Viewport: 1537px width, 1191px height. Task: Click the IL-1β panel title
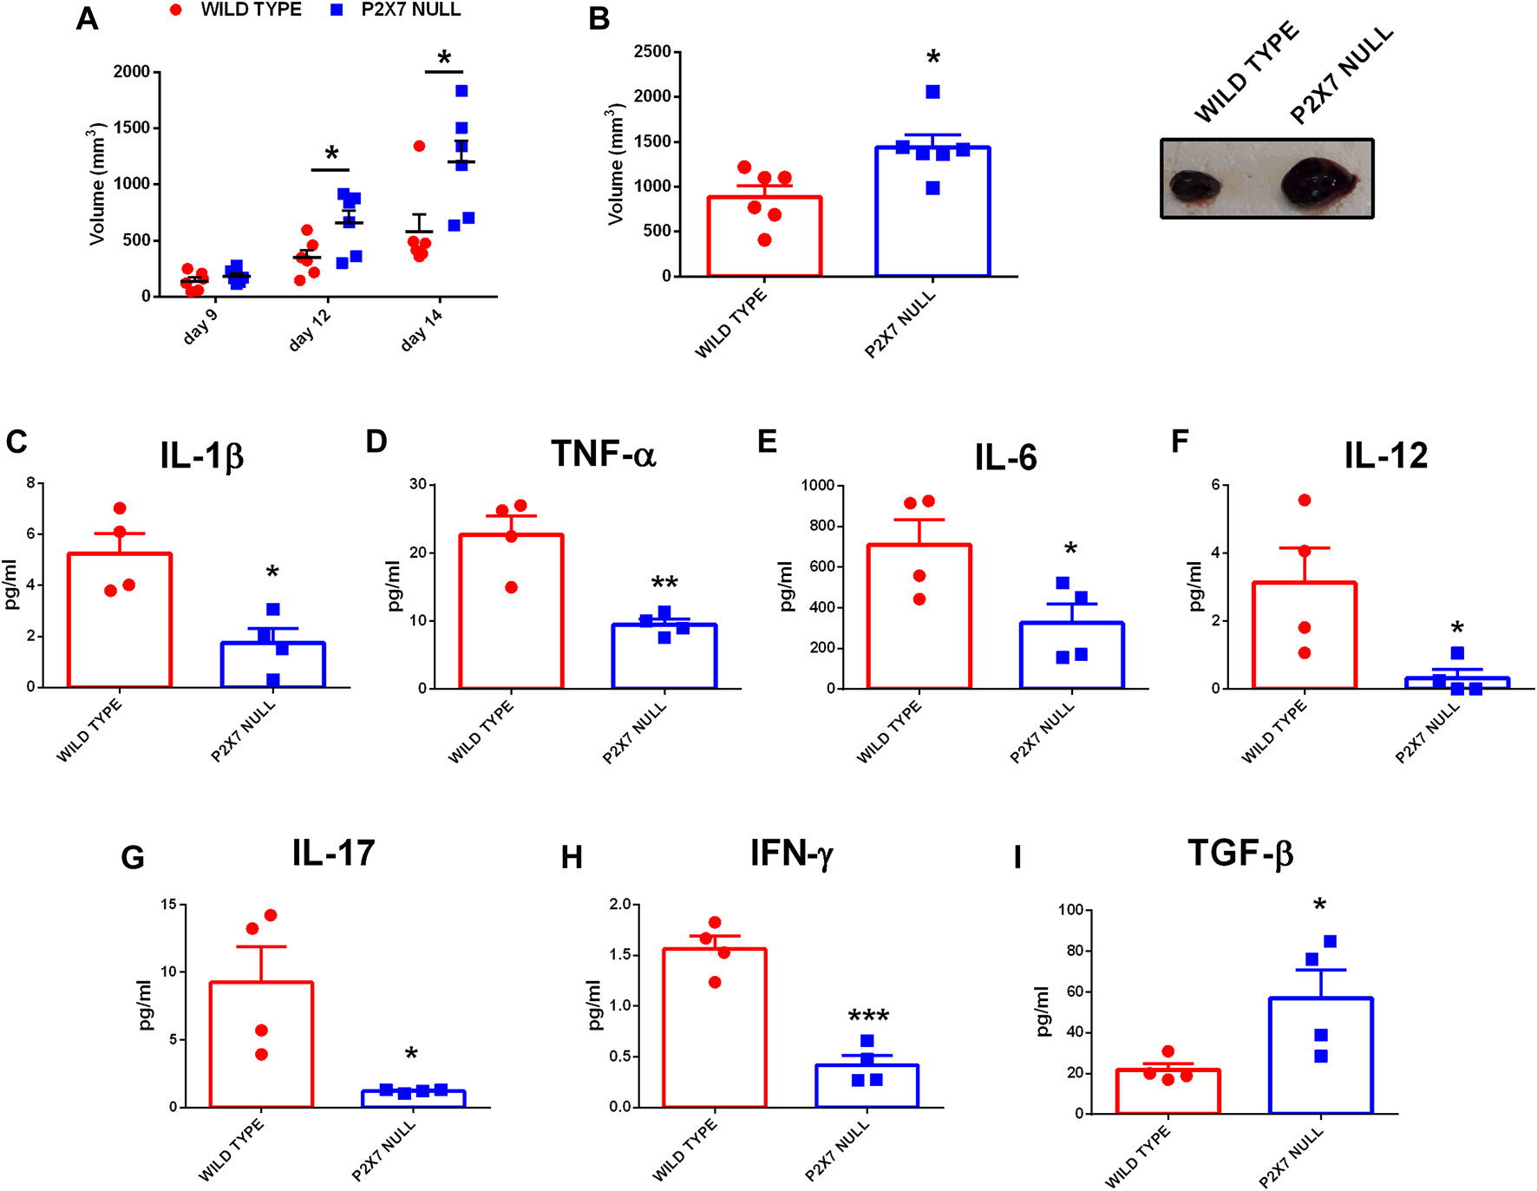click(201, 456)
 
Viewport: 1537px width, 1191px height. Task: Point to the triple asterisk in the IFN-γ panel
click(868, 1016)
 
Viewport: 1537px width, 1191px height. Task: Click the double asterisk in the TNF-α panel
click(664, 582)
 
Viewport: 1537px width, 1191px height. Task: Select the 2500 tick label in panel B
click(652, 52)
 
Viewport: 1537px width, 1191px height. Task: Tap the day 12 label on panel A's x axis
click(310, 329)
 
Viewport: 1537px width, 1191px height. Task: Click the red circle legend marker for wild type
click(176, 10)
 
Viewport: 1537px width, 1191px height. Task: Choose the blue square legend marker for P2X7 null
click(337, 10)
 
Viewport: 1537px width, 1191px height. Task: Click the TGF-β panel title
click(1239, 854)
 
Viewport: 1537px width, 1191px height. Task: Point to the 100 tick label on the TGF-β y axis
click(1071, 910)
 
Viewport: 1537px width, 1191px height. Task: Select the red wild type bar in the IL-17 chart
click(261, 1044)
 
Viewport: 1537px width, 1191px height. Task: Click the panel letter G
click(133, 858)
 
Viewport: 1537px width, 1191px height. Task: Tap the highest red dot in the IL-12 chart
click(1305, 501)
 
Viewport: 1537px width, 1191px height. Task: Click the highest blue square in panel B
click(932, 92)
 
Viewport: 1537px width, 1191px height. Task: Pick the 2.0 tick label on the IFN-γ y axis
click(620, 905)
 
